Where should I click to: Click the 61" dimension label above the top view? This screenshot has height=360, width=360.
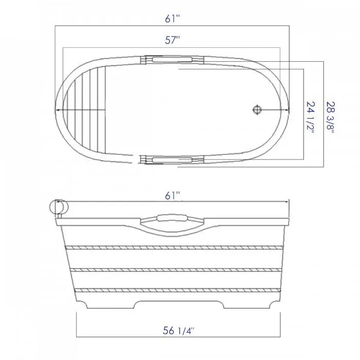pos(173,19)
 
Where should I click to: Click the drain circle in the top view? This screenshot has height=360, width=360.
pos(257,109)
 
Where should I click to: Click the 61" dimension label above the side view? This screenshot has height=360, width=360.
pos(173,195)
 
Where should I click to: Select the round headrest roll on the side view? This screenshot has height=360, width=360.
pos(58,207)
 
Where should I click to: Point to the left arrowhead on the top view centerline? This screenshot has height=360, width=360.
pos(58,110)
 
